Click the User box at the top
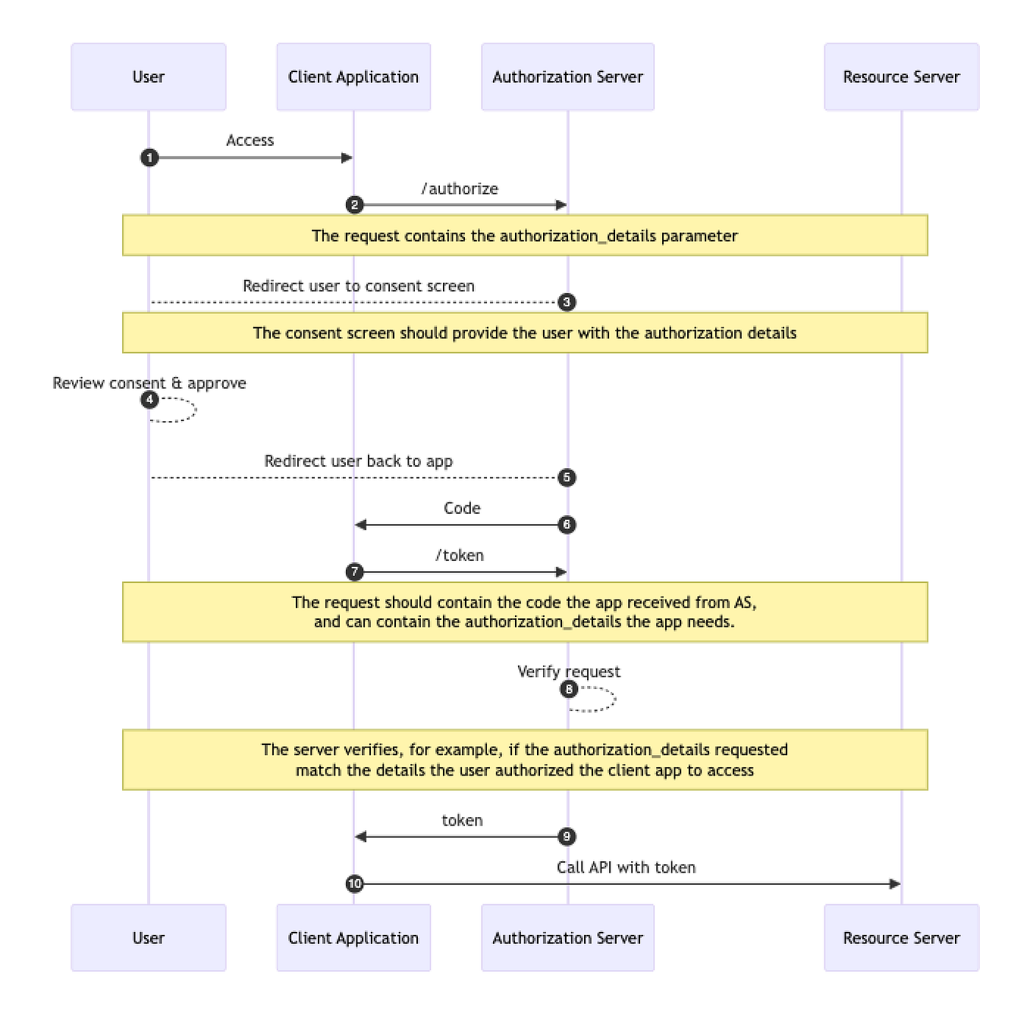[x=149, y=77]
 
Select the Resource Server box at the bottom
[x=901, y=938]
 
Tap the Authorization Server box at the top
[x=567, y=77]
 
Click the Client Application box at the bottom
[x=353, y=938]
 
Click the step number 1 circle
[x=149, y=158]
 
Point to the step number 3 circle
[x=567, y=302]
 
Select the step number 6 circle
[x=567, y=524]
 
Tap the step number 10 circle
[x=354, y=884]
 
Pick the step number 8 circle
[x=568, y=689]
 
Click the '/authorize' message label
[x=460, y=189]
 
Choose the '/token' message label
[x=460, y=555]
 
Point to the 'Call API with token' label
[x=626, y=867]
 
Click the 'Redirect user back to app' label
[x=358, y=461]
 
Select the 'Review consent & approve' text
[x=149, y=383]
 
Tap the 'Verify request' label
[x=568, y=672]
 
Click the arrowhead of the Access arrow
[x=347, y=158]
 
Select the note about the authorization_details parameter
[x=525, y=236]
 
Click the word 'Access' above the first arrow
[x=250, y=140]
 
